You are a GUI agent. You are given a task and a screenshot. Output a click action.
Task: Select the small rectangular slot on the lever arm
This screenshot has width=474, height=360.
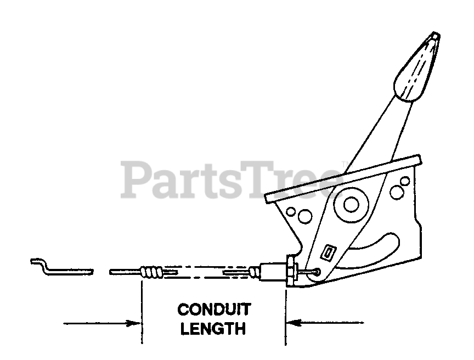coord(330,252)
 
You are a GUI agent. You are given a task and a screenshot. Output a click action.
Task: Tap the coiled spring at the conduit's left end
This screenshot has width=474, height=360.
coord(151,271)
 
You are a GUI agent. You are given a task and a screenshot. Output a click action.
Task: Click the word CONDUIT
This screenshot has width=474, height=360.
coord(214,310)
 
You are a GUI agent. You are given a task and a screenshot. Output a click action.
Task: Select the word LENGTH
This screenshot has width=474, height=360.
coord(213,329)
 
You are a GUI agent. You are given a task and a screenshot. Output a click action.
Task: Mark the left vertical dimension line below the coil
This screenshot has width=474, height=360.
coord(142,313)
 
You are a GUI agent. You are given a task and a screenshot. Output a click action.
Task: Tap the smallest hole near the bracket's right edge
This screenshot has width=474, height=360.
coord(405,181)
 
